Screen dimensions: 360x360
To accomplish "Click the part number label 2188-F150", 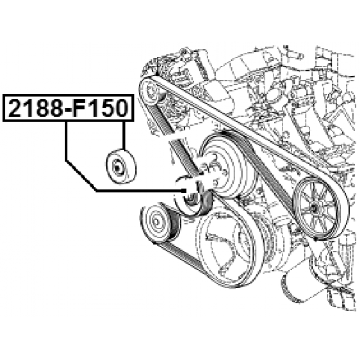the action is click(x=68, y=108).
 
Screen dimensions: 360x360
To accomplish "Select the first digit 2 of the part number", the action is click(x=16, y=108).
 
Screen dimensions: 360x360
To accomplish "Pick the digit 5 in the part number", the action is click(x=106, y=108).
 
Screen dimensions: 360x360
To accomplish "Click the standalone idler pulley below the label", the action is click(x=121, y=167).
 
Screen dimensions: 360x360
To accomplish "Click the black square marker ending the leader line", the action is click(x=184, y=190).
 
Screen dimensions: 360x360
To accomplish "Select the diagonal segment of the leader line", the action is click(x=81, y=175).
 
